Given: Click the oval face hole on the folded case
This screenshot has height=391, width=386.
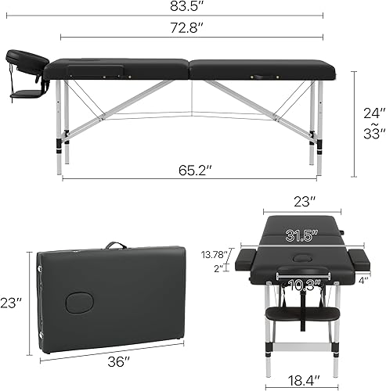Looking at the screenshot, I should pyautogui.click(x=78, y=301).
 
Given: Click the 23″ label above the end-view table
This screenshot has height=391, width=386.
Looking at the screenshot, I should pyautogui.click(x=301, y=201).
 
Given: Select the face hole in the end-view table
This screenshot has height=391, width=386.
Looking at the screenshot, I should pyautogui.click(x=301, y=259).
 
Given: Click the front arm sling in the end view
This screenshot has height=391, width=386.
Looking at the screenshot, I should pyautogui.click(x=301, y=313).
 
